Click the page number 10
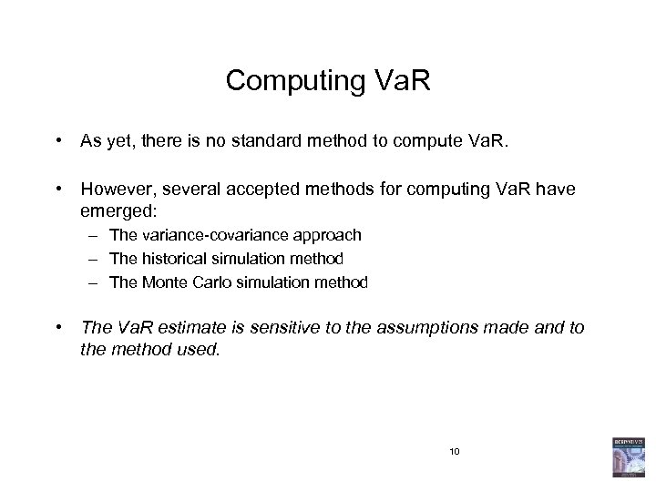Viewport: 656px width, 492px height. [456, 452]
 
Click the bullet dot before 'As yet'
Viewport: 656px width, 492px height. [57, 142]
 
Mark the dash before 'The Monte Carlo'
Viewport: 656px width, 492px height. [94, 282]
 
